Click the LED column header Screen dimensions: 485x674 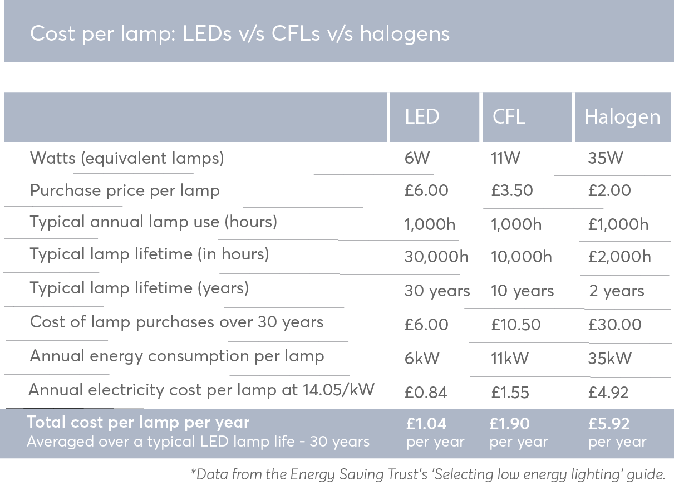(422, 117)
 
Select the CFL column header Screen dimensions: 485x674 (509, 117)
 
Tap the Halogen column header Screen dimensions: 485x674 (622, 117)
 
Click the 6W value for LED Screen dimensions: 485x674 (417, 158)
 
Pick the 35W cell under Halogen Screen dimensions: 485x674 (606, 158)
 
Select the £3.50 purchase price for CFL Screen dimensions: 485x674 (512, 190)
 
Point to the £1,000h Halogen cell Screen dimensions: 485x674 (618, 224)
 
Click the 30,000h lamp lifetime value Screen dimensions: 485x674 (436, 257)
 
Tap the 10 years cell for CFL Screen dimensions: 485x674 (522, 291)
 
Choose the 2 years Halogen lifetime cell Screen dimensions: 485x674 (616, 291)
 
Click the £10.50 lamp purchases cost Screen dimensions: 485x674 (515, 325)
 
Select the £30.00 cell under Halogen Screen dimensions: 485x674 (614, 325)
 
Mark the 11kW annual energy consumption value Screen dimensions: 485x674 (509, 358)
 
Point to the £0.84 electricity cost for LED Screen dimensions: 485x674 (426, 393)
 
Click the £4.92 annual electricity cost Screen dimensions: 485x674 (608, 393)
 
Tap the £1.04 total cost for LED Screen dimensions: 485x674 (426, 424)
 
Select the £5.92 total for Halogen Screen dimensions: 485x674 (608, 424)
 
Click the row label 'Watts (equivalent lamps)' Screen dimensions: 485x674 (127, 158)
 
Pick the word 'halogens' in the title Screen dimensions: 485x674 (405, 34)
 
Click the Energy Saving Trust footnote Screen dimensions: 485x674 (428, 474)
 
